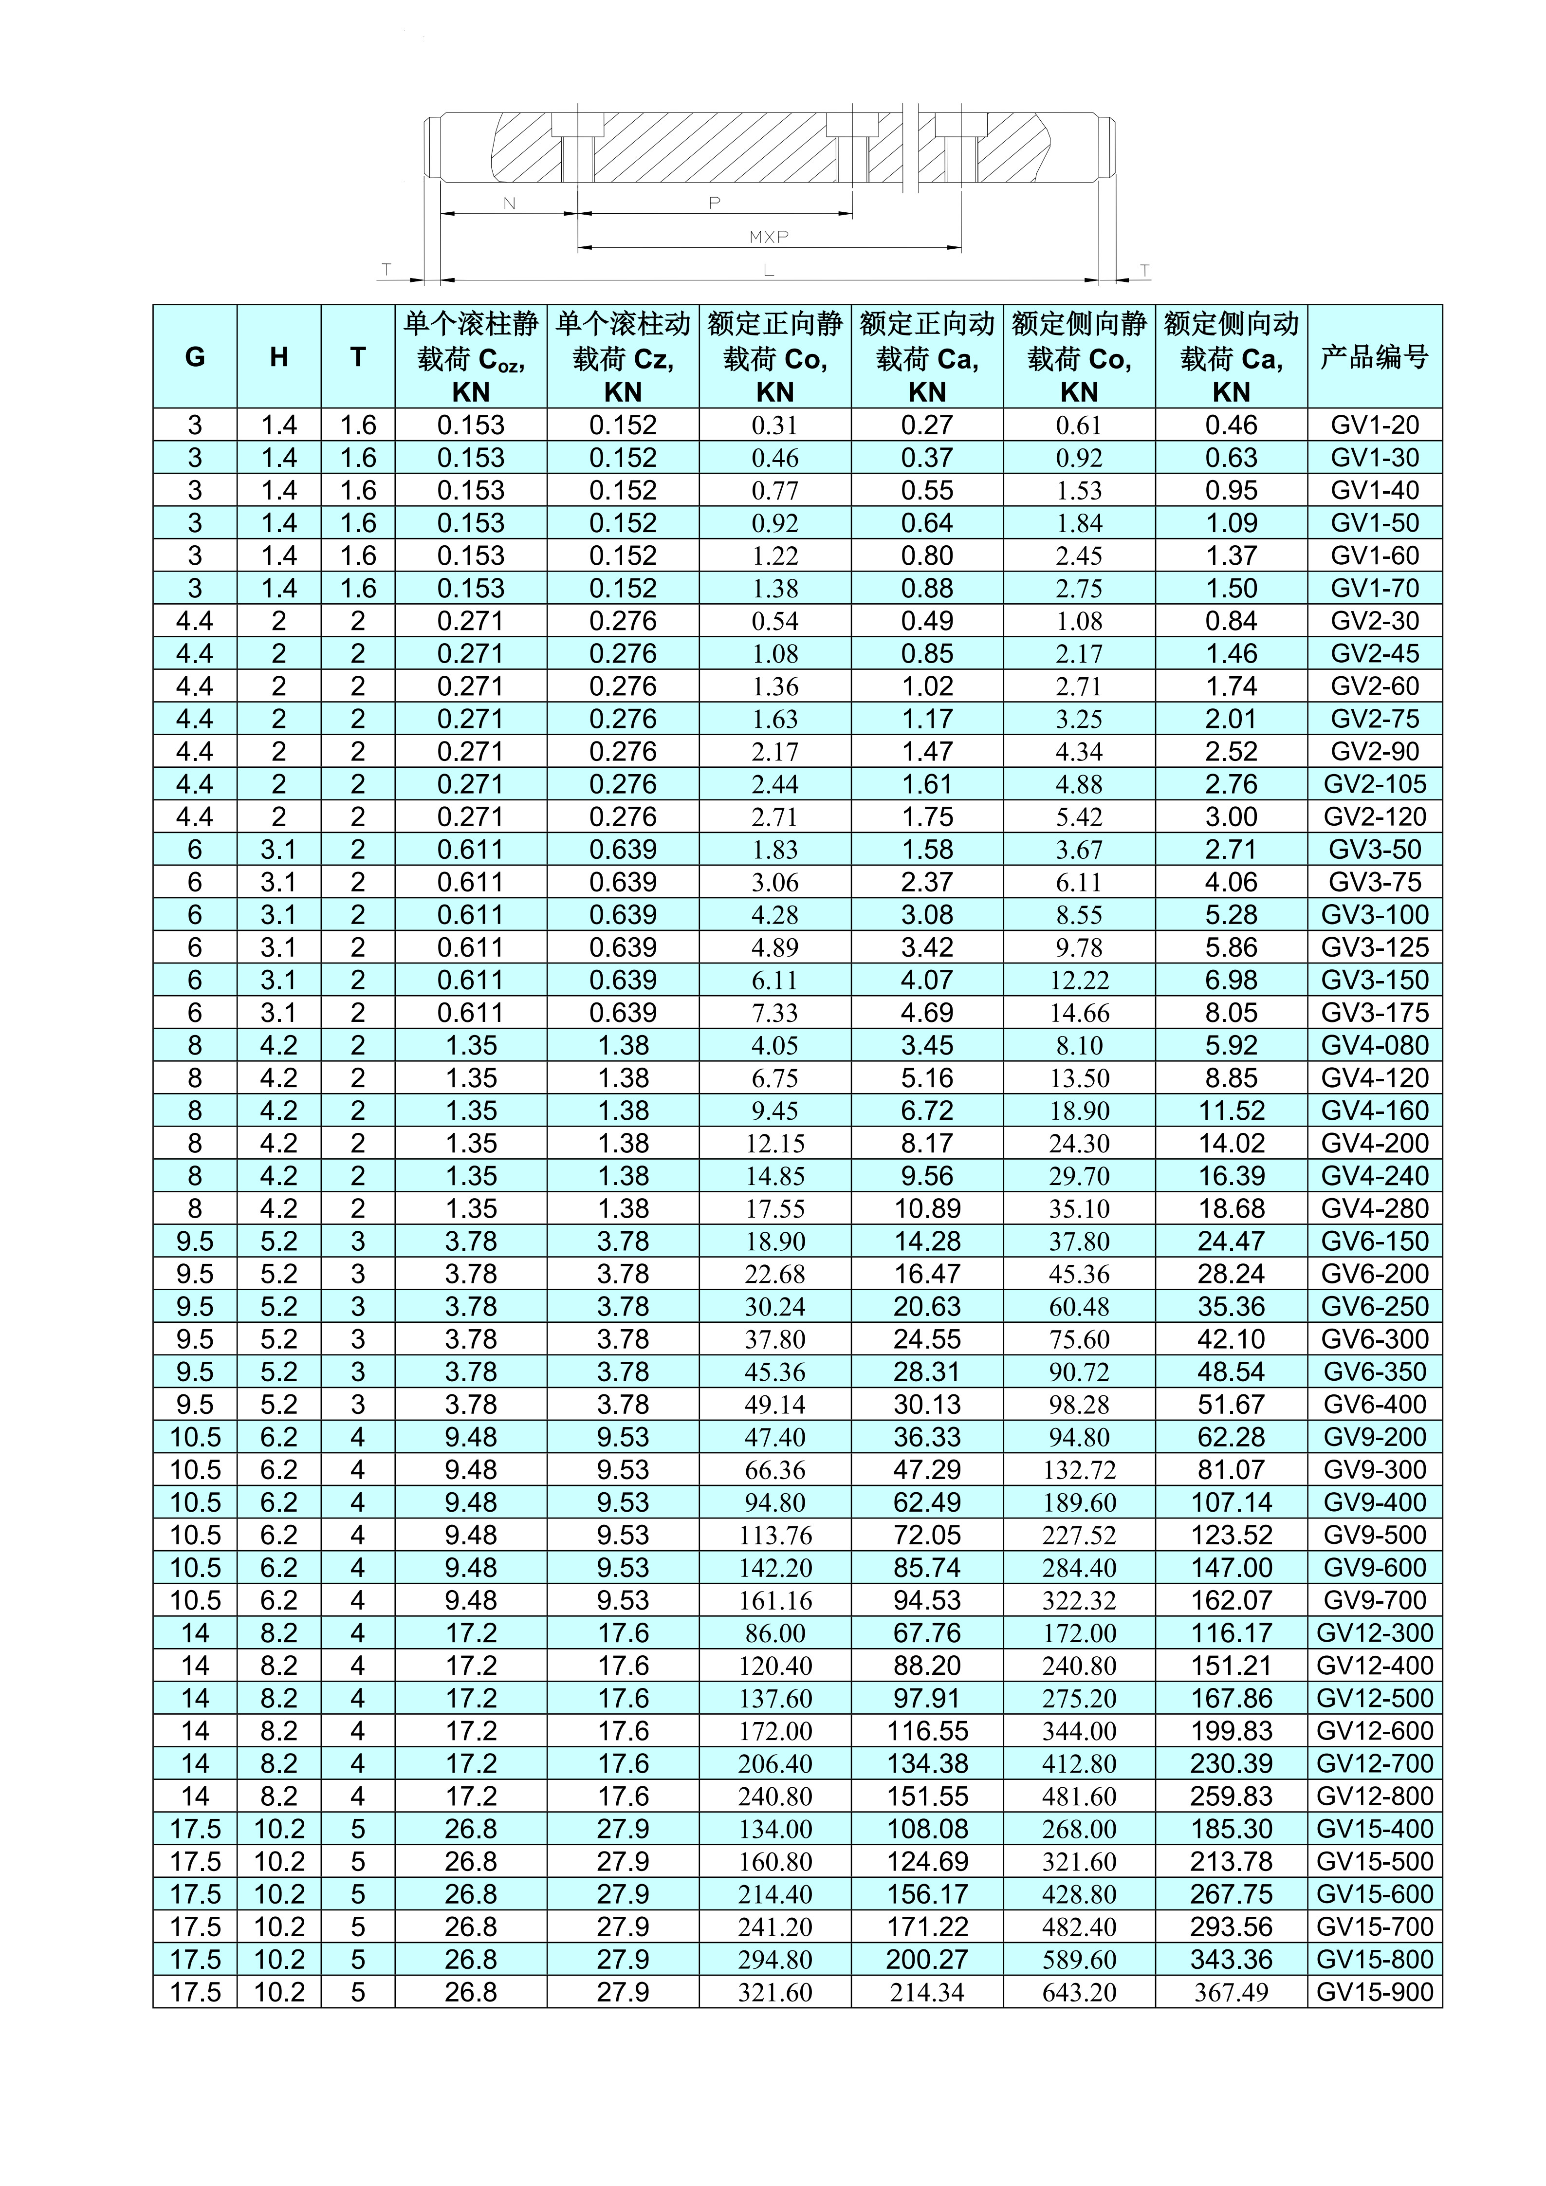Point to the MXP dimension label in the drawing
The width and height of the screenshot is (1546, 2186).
[x=768, y=236]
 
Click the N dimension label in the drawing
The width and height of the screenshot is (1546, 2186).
[x=509, y=203]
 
